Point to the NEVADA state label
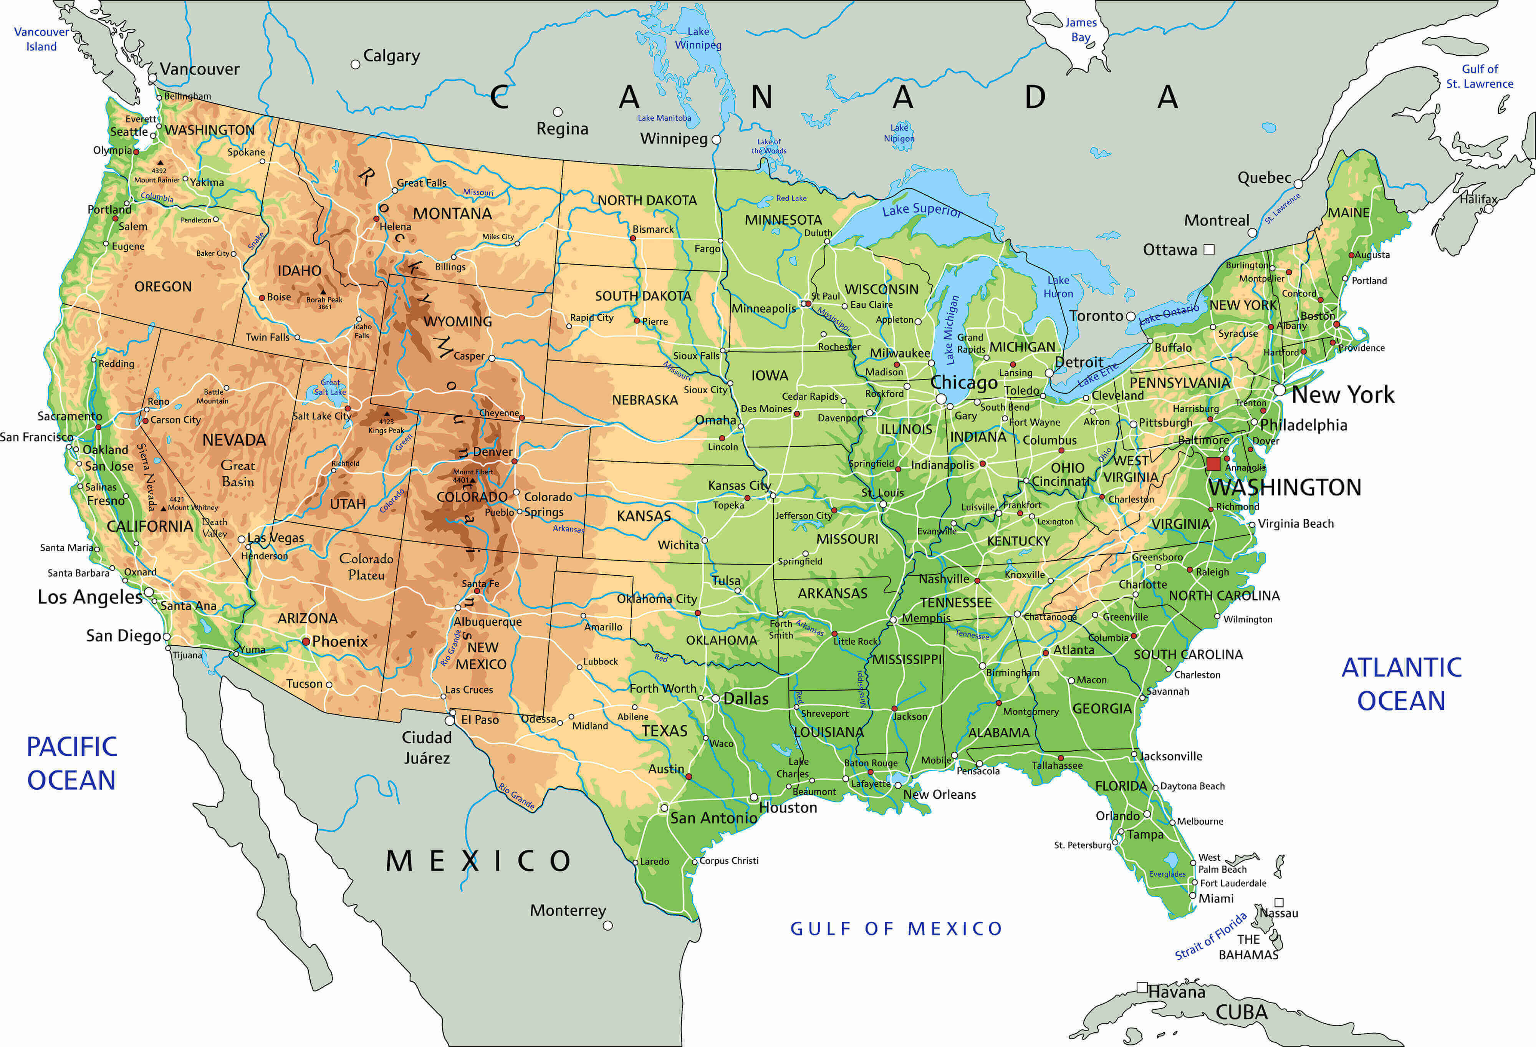(234, 439)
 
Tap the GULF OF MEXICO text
(896, 929)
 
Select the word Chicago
(963, 382)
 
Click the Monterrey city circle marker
(607, 925)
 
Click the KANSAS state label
(643, 515)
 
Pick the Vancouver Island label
(41, 39)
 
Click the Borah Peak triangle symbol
(323, 292)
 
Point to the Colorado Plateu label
(366, 567)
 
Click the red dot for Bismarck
(632, 238)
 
